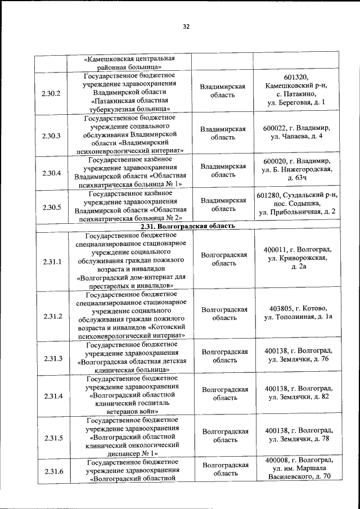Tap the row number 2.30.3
51,134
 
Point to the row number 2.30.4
51,173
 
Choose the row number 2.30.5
51,206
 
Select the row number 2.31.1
51,261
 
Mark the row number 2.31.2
51,316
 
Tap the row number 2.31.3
51,358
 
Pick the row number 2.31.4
51,397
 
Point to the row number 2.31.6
51,471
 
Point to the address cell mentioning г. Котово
298,313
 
